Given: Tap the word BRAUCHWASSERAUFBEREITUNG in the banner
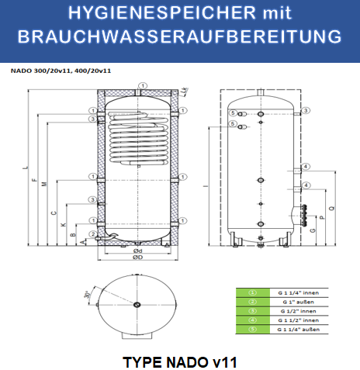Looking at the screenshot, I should point(179,37).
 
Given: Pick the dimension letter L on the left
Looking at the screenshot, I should point(24,168).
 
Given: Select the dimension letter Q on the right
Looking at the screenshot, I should point(331,209).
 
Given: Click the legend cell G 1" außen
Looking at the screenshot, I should point(297,301).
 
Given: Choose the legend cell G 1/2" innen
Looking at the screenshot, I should point(297,310).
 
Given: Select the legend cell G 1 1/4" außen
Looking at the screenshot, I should point(297,329).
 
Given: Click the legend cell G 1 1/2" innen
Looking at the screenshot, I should point(297,320).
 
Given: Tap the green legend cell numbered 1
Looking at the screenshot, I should point(252,292).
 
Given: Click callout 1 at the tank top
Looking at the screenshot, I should point(142,85).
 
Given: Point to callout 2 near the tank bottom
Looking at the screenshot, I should point(92,233).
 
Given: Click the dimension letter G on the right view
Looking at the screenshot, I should point(312,230).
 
